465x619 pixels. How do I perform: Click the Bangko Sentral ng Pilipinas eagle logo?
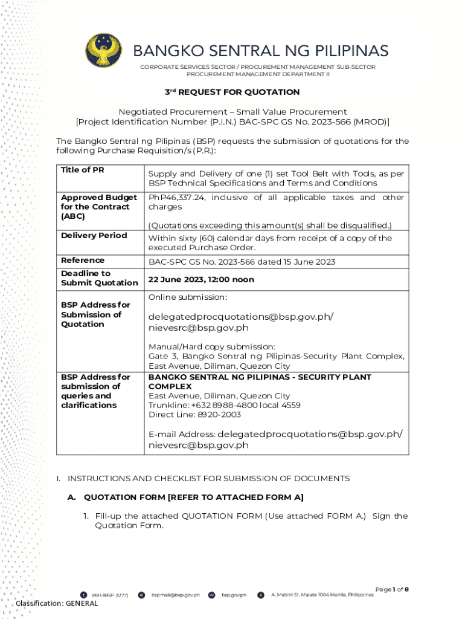click(103, 52)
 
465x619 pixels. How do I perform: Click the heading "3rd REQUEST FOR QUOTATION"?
click(232, 92)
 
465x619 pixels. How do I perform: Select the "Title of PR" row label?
click(83, 170)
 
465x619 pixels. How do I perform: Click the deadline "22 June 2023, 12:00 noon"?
click(201, 280)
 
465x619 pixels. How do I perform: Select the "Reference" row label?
click(83, 260)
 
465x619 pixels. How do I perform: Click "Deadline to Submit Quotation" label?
click(99, 278)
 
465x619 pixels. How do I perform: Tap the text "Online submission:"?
click(188, 297)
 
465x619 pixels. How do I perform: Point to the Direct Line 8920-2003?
click(194, 415)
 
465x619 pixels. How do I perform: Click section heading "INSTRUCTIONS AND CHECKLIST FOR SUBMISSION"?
click(208, 478)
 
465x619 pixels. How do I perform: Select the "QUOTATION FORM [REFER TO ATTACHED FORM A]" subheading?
click(193, 497)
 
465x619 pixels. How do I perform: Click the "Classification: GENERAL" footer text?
click(57, 603)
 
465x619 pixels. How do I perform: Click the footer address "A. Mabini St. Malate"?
click(322, 595)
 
